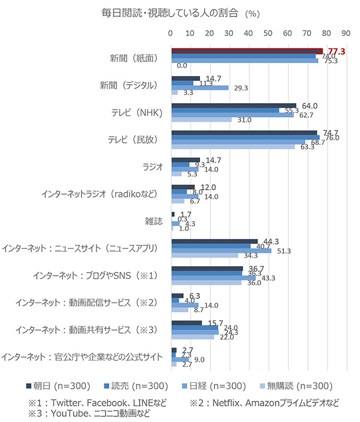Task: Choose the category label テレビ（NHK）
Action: [x=134, y=113]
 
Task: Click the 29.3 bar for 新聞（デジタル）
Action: [x=200, y=88]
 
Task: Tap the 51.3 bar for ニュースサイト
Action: [x=222, y=250]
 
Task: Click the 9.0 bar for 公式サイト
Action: [x=180, y=359]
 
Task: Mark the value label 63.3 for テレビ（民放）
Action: [x=308, y=148]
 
